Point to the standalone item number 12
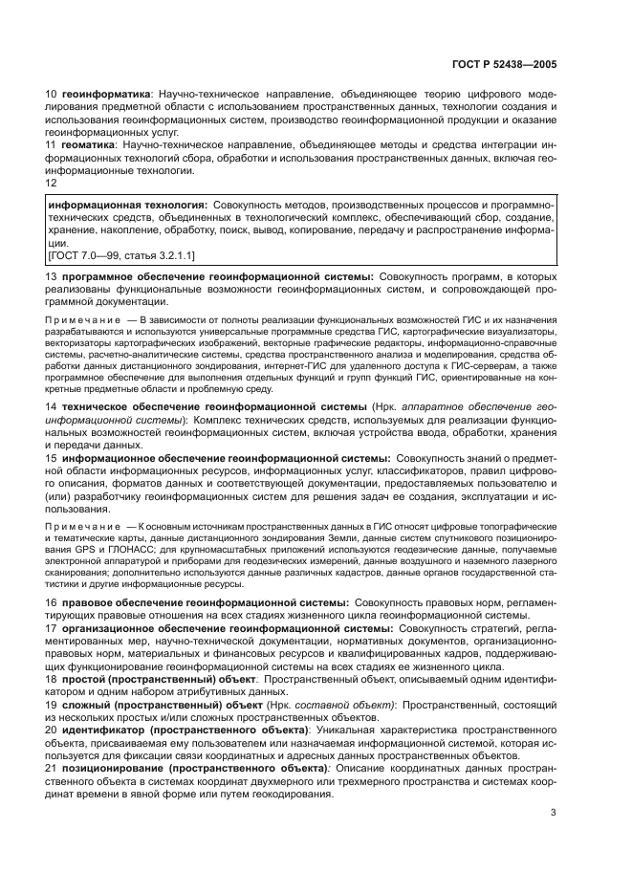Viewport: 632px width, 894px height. coord(53,182)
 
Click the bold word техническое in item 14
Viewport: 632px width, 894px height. coord(99,406)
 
